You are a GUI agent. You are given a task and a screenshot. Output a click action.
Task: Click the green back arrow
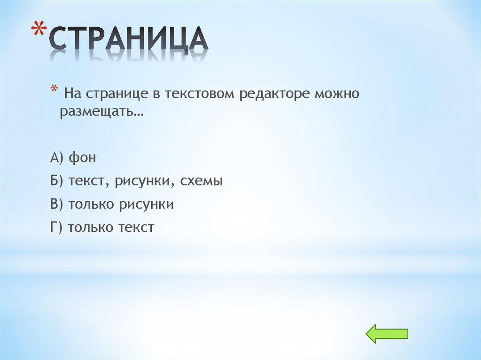click(387, 334)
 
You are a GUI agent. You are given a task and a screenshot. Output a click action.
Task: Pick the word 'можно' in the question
click(337, 94)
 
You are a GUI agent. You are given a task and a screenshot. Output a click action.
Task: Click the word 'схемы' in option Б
click(202, 182)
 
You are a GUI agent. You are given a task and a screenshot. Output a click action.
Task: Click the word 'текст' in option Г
click(136, 228)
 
